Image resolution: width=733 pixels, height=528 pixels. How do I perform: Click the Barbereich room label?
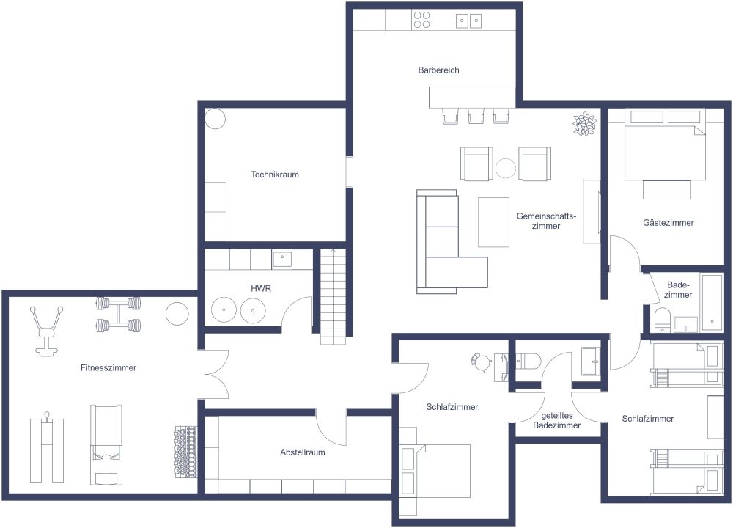(x=438, y=70)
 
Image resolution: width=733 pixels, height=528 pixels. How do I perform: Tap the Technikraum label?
(x=275, y=175)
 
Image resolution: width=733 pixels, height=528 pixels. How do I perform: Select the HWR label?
(x=261, y=289)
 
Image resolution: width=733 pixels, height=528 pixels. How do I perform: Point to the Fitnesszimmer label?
(x=108, y=367)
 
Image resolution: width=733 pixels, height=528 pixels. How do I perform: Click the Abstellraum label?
(x=302, y=452)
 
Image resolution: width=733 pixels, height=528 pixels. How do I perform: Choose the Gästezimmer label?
(x=668, y=222)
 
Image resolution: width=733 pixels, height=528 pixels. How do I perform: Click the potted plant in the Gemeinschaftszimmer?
(x=584, y=124)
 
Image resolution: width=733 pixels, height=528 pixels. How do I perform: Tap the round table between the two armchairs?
(x=506, y=169)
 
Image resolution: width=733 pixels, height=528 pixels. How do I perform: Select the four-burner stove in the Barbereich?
(x=421, y=20)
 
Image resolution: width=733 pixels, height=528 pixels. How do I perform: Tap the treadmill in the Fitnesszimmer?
(x=105, y=444)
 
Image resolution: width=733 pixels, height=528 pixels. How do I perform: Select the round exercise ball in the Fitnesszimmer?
(x=177, y=314)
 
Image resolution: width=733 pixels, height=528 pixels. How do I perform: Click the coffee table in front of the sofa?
(x=493, y=221)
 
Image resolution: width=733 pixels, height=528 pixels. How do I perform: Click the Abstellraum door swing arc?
(x=330, y=431)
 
